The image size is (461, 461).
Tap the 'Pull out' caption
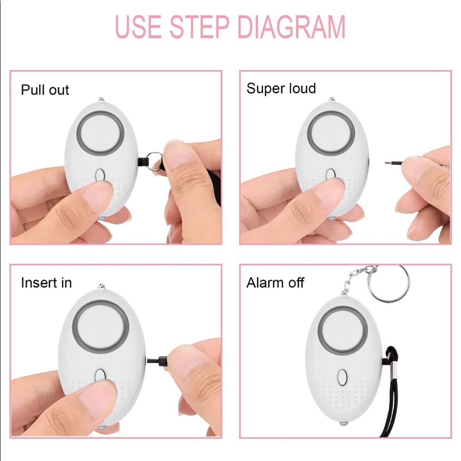point(45,89)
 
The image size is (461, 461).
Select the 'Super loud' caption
point(281,88)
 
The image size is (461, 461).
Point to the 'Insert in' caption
point(46,283)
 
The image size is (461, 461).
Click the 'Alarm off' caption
point(275,283)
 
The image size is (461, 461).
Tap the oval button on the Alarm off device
point(342,377)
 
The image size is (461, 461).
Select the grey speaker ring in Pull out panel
point(101,130)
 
